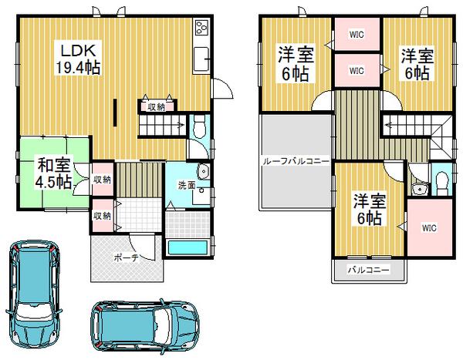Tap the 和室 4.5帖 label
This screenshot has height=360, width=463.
coord(52,173)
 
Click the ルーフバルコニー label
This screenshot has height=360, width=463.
coord(297,161)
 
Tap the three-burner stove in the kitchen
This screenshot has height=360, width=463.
coord(202,29)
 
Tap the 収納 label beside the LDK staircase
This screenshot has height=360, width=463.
coord(156,106)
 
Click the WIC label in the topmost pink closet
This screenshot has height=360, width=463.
coord(356,35)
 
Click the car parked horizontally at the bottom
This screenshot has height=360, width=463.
coord(144,325)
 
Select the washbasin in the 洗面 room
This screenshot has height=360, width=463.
coord(203,173)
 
